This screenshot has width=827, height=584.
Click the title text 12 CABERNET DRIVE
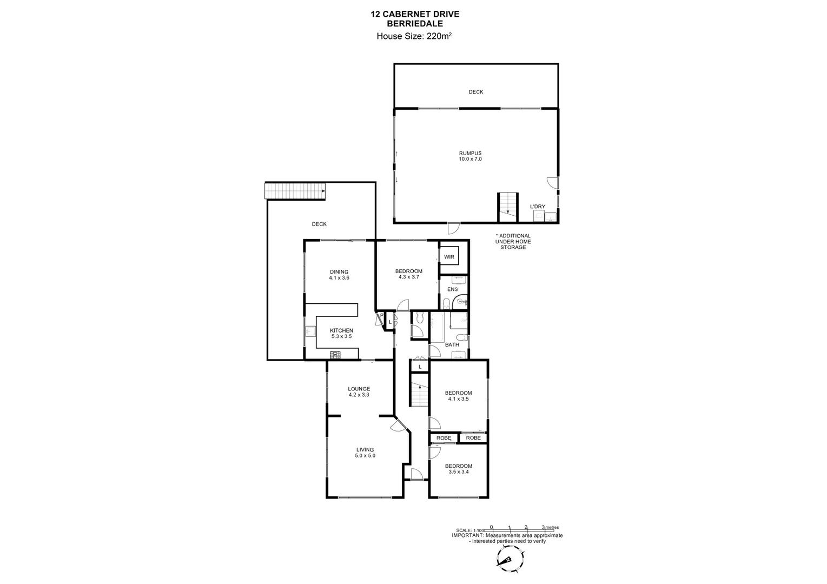coord(415,14)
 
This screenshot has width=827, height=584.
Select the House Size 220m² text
coord(414,36)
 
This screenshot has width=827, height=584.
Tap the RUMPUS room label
coord(469,153)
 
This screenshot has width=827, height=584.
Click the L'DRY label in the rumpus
coord(537,206)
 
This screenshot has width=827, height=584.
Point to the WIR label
coord(449,257)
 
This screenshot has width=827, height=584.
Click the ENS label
coord(452,289)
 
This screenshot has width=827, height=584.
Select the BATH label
coord(452,344)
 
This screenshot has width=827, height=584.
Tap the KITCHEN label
coord(341,330)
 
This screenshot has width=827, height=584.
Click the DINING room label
coord(339,272)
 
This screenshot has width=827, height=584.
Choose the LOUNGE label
coord(359,389)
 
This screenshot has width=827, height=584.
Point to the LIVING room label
coord(365,449)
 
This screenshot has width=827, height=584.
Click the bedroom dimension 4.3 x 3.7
coord(408,277)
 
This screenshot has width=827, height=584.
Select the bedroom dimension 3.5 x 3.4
coord(458,472)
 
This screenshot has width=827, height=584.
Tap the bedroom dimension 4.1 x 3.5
coord(458,399)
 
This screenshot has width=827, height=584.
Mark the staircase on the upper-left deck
coord(295,191)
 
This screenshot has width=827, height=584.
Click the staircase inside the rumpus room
coord(507,207)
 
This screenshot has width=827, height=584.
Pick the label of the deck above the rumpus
coord(476,92)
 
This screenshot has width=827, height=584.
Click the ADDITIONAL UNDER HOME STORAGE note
coord(513,242)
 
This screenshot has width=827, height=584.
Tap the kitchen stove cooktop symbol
coord(335,355)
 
